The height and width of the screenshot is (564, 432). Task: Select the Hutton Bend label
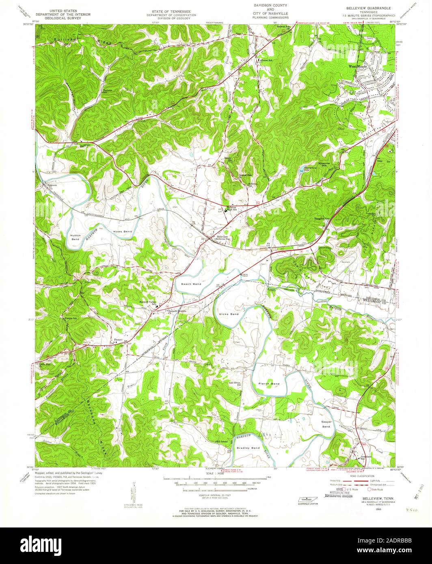76,237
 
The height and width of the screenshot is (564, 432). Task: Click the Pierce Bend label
269,383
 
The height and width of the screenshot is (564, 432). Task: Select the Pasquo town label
118,339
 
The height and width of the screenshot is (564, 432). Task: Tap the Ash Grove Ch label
233,383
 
